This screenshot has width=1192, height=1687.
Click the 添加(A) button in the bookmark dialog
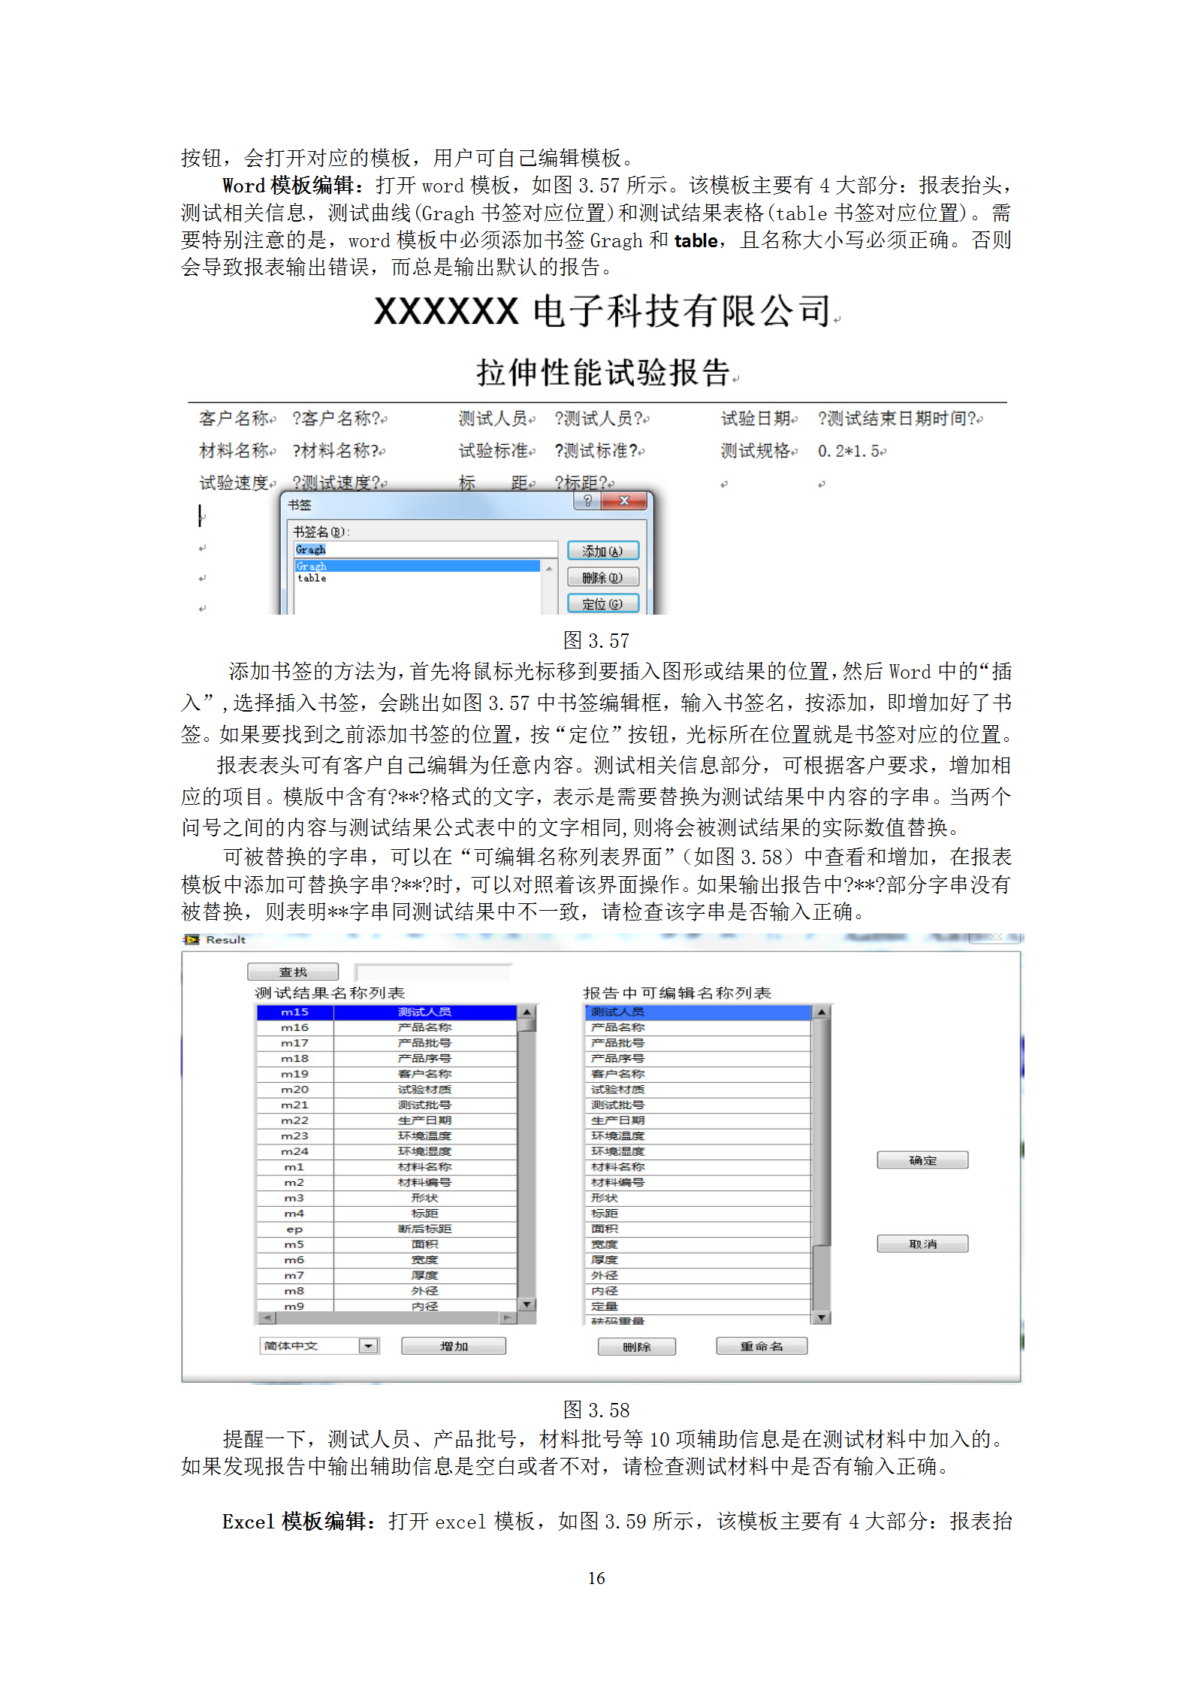point(602,551)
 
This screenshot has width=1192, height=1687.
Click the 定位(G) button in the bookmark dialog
point(602,603)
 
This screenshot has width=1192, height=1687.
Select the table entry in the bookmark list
point(312,578)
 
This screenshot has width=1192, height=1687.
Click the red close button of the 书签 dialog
point(624,500)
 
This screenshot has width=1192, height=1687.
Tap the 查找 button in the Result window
point(293,972)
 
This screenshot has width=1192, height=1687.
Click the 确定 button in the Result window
point(922,1160)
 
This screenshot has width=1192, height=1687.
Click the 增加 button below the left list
point(454,1346)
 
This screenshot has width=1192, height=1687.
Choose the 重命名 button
point(762,1346)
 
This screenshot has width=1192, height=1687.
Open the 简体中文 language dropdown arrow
point(368,1346)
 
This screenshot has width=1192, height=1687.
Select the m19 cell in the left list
point(294,1074)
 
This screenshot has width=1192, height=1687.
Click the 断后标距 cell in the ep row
point(424,1229)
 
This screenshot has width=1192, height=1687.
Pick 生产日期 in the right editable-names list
point(617,1120)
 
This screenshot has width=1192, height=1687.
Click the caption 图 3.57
point(596,641)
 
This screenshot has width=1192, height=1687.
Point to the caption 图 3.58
point(596,1410)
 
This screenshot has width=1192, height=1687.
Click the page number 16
point(596,1578)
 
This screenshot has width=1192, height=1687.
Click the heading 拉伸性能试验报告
point(603,372)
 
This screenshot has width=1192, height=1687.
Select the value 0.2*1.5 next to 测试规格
point(851,451)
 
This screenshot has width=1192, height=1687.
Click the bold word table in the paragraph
point(696,240)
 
